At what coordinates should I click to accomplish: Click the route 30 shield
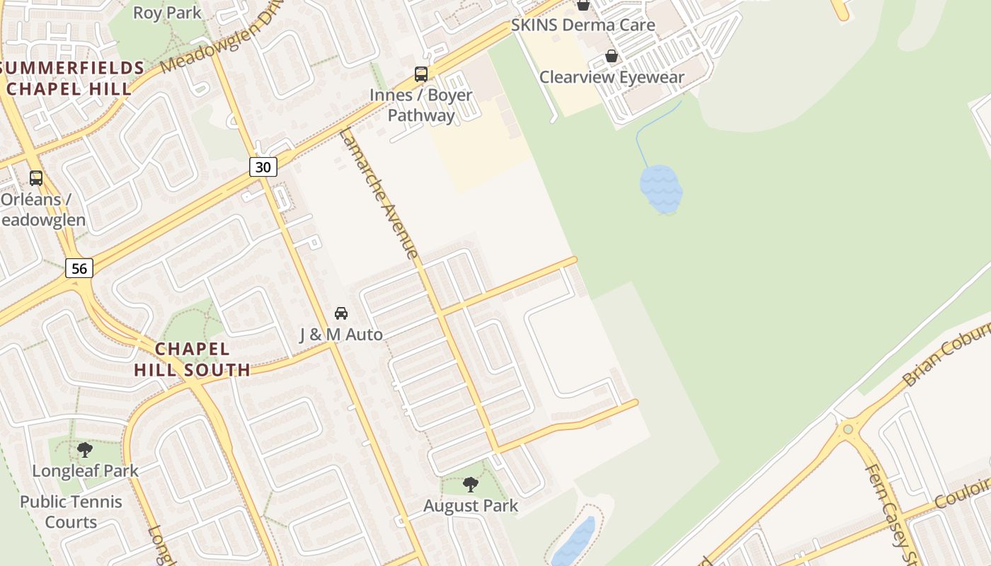263,167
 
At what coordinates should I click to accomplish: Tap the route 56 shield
79,268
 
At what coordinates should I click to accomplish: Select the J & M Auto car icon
340,313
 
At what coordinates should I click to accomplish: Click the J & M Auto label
340,334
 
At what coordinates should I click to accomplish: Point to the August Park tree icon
470,485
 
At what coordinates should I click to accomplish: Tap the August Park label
471,506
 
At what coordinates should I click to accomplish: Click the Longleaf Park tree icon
85,449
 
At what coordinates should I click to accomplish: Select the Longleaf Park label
85,470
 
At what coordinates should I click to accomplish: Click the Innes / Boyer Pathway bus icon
421,74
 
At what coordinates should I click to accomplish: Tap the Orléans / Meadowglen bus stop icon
36,178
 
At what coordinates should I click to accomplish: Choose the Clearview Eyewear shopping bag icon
612,56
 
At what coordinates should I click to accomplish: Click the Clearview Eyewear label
612,77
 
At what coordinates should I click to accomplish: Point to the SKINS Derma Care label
583,25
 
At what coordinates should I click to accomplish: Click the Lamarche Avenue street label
379,192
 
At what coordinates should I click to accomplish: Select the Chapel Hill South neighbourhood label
192,359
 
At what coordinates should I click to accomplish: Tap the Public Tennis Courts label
71,512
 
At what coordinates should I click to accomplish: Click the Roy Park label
167,13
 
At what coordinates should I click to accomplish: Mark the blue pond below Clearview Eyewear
661,189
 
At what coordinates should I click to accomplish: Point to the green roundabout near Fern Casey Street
848,429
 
